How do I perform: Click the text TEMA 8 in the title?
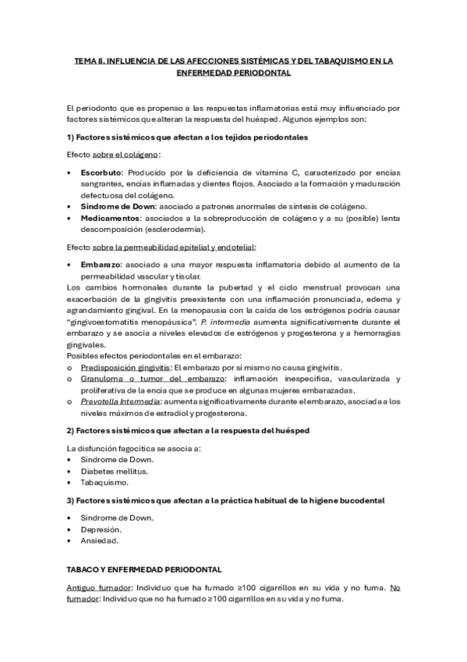(90, 59)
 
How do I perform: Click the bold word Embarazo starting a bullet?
(101, 265)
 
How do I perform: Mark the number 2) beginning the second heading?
(71, 431)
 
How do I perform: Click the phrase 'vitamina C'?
(277, 172)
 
